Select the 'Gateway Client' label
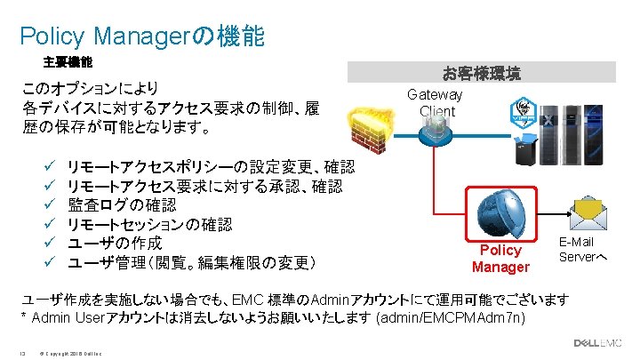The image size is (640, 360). click(436, 103)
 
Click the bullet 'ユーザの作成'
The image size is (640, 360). click(115, 243)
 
